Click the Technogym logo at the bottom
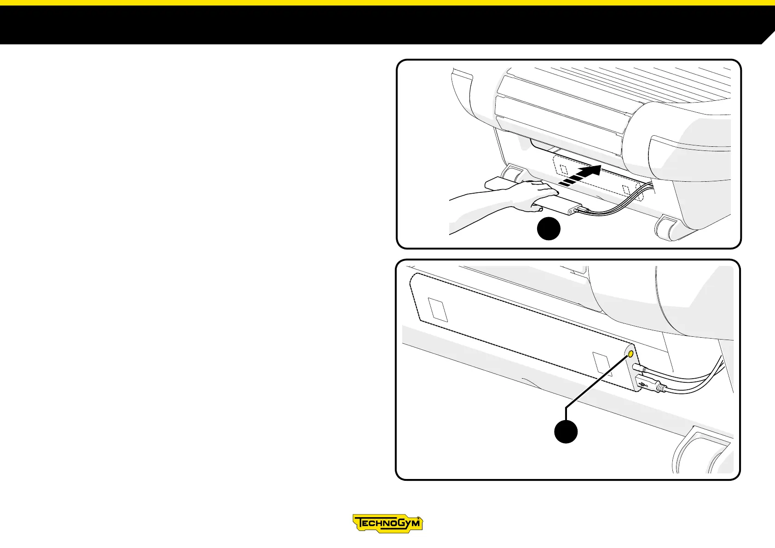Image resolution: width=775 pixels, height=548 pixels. tap(387, 523)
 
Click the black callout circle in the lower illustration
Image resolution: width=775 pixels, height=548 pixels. tap(566, 432)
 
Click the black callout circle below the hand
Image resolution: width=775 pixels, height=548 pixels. tap(549, 229)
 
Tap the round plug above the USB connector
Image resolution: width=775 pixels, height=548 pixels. tap(639, 368)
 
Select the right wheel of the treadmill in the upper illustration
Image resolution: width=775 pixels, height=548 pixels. tap(668, 227)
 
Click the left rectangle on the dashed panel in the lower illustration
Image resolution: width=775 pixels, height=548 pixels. tap(438, 310)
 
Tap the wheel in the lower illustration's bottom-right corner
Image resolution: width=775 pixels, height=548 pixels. tap(700, 453)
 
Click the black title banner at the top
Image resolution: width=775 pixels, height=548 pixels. tap(368, 25)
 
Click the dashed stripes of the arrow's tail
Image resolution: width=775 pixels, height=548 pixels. tap(568, 181)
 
